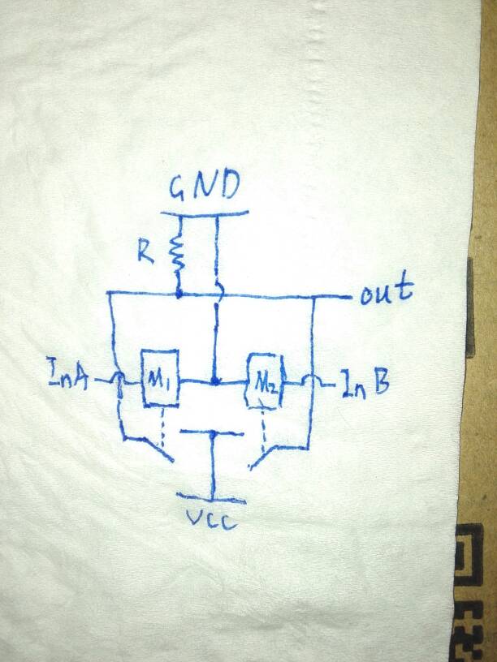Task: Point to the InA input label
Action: coord(70,378)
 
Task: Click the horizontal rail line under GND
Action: coord(203,213)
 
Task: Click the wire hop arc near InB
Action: coord(309,381)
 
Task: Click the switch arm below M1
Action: coord(150,448)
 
